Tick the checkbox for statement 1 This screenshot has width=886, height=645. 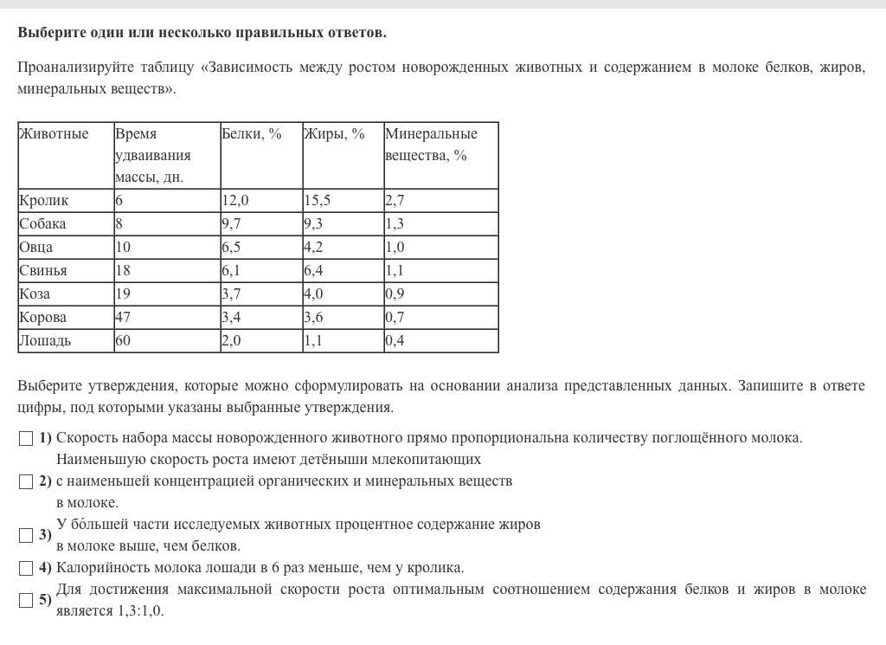tap(26, 438)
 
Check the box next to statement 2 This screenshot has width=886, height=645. tap(26, 481)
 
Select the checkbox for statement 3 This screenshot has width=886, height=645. tap(26, 535)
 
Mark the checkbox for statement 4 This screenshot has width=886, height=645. tap(26, 569)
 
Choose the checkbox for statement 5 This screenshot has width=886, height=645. tap(26, 600)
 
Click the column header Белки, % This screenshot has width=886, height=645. tap(252, 134)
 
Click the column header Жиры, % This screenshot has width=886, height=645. tap(334, 134)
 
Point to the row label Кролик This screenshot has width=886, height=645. tap(43, 201)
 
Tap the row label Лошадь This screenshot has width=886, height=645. tap(45, 341)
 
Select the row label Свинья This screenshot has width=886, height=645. tap(43, 271)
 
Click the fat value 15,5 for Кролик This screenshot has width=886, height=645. tap(318, 201)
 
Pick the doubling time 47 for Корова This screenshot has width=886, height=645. tap(123, 318)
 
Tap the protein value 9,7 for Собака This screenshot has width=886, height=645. tap(232, 224)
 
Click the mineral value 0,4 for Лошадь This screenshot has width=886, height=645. tap(395, 341)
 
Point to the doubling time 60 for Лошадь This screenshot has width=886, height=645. tap(123, 341)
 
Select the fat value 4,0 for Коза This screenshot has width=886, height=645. tap(313, 294)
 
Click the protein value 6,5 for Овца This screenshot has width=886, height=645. tap(232, 248)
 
